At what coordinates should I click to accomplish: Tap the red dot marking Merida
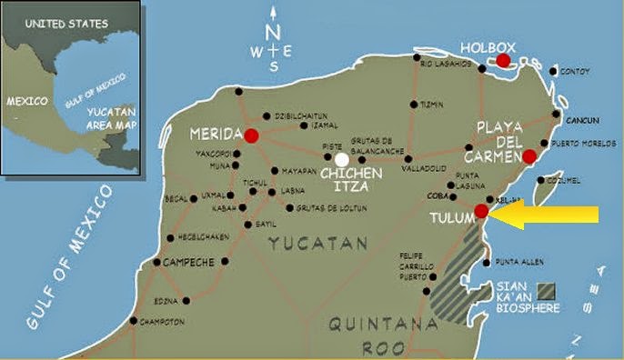tap(251, 135)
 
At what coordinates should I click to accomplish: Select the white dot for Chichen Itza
tap(342, 158)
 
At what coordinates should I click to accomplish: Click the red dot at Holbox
tap(502, 60)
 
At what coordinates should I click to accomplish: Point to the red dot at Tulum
tap(481, 211)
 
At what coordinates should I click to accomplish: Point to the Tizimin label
tap(431, 105)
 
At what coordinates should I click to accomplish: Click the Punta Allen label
tap(520, 263)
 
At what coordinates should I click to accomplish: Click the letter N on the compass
tap(274, 31)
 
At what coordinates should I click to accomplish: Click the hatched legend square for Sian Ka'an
tap(546, 291)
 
